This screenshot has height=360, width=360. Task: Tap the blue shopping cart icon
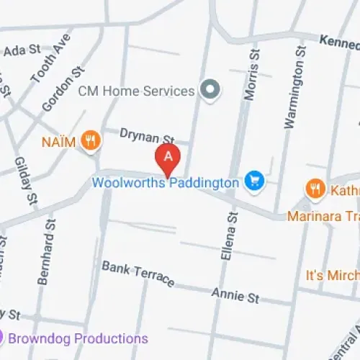coord(253,181)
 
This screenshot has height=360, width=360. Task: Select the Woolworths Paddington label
coord(165,183)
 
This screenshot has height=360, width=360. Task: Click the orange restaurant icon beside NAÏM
coord(90,140)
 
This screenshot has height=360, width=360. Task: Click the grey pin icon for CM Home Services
coord(210,90)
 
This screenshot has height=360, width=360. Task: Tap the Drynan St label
coord(147,137)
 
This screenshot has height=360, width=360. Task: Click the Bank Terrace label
coord(138,274)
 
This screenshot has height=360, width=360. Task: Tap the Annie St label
coord(235,294)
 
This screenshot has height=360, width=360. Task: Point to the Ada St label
coord(19,50)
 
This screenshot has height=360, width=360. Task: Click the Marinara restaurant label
coord(323,216)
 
